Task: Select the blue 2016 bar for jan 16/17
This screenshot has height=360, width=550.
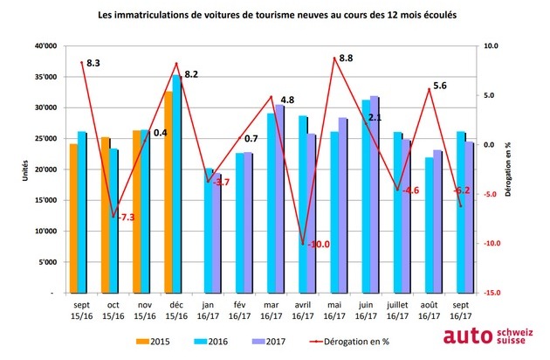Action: [208, 232]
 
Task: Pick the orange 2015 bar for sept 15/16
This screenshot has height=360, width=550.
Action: [74, 218]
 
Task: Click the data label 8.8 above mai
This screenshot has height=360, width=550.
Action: [346, 59]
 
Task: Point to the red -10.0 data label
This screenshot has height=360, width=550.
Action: [320, 245]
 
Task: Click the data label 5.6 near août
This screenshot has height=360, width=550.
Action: [440, 86]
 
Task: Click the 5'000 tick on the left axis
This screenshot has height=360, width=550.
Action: [45, 262]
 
